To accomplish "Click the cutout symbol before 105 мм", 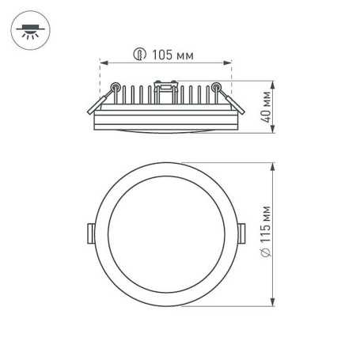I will pyautogui.click(x=140, y=55).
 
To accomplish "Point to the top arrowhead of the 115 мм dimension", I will pyautogui.click(x=273, y=165).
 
